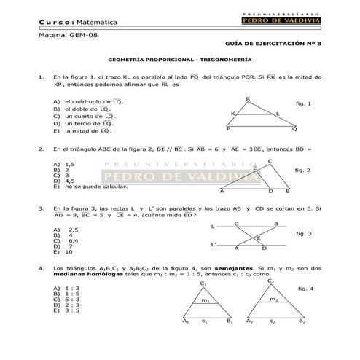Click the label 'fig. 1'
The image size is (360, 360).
tap(303, 104)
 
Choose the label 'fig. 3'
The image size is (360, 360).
tap(304, 234)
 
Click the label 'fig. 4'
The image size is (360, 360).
tap(305, 289)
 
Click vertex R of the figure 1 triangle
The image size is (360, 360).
tap(248, 100)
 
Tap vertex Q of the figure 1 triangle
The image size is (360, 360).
tap(294, 129)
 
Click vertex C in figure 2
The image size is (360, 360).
tap(270, 161)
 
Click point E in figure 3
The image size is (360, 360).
tap(257, 238)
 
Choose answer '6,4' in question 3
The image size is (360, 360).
tap(73, 241)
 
